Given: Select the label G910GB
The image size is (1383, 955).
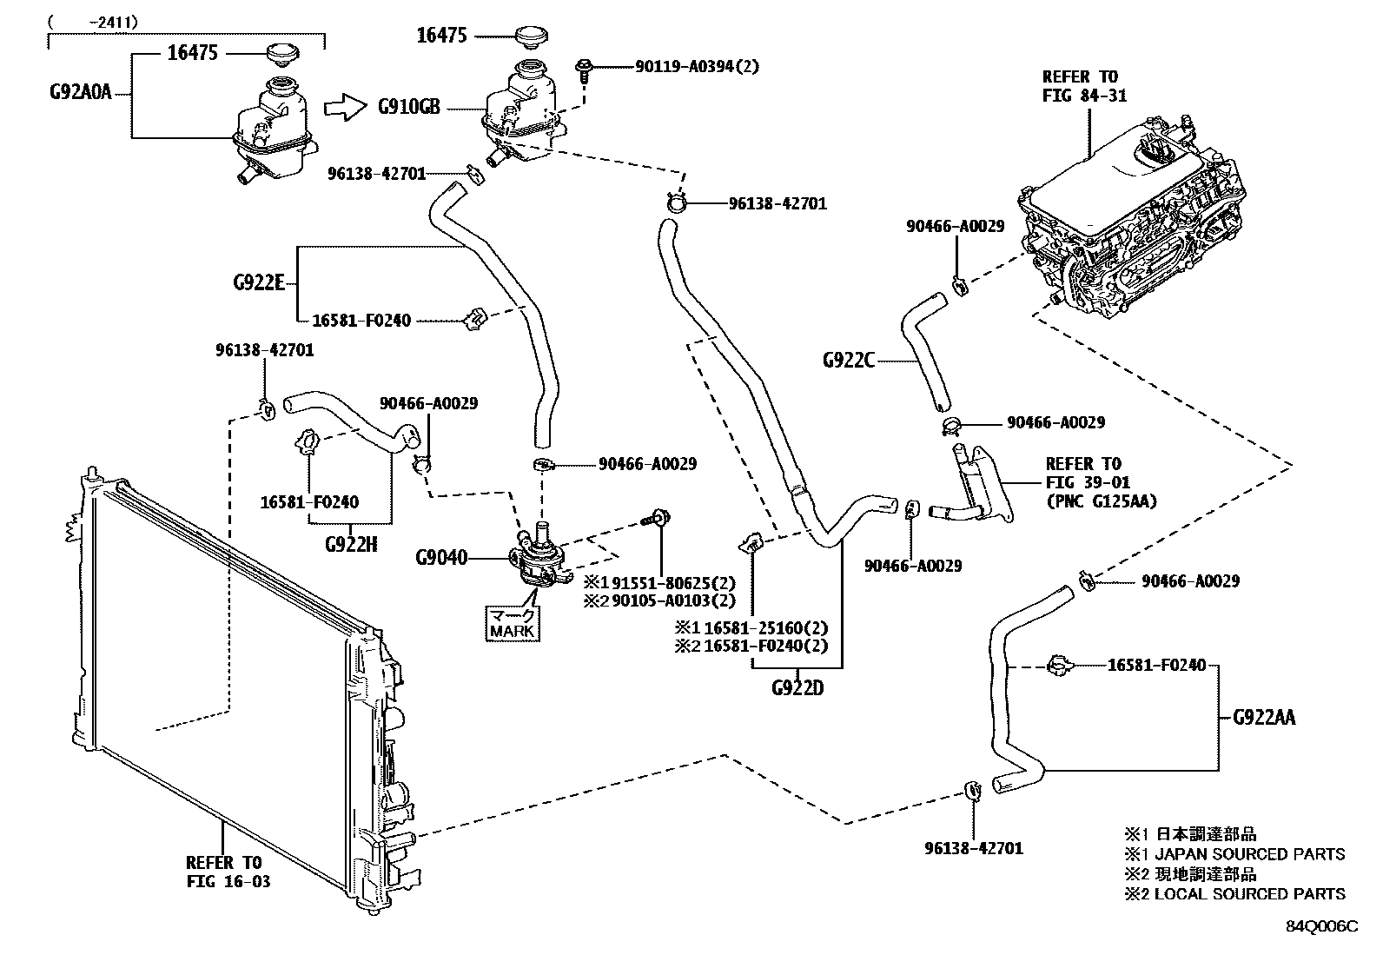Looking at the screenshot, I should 408,108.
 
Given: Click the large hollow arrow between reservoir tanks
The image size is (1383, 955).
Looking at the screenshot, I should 346,109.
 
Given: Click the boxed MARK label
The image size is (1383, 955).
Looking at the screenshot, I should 513,622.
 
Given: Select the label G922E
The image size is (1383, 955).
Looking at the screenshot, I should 258,283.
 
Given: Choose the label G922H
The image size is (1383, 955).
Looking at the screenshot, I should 351,545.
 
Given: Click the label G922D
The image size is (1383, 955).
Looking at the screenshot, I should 797,688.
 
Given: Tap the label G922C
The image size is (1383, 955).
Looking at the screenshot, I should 848,359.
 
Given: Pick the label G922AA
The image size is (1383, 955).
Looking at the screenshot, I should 1263,718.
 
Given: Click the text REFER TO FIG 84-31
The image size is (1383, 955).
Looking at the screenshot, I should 1084,86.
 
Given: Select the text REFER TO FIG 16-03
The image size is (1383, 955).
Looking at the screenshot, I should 228,872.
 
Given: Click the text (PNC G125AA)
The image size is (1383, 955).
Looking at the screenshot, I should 1101,501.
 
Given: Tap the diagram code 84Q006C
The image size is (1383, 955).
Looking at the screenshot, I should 1321,926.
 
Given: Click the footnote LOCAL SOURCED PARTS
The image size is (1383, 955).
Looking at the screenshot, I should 1249,893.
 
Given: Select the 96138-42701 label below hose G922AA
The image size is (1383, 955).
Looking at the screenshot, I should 973,847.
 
